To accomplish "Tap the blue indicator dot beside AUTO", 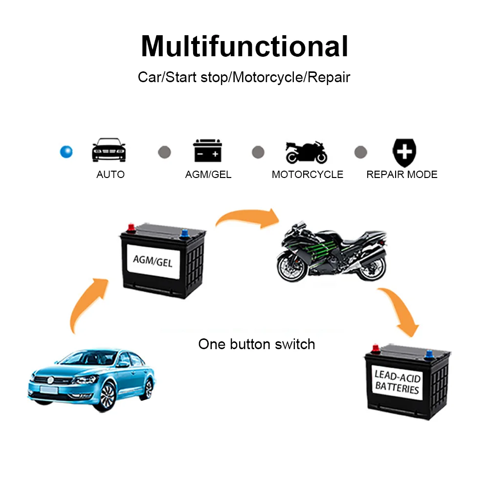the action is [x=66, y=152].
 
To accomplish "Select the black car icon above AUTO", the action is [x=109, y=150].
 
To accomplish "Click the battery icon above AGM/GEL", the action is [x=208, y=150].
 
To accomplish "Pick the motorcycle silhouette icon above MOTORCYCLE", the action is [x=307, y=152].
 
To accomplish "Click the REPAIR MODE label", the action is [x=401, y=175].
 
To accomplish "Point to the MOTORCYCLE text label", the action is [x=307, y=175].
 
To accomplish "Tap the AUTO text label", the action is [x=111, y=175].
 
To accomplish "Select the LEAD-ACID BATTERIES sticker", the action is [x=397, y=382].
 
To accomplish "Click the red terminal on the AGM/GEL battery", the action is [x=131, y=227].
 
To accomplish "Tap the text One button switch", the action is [x=256, y=344].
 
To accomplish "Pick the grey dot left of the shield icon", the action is [x=360, y=152].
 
